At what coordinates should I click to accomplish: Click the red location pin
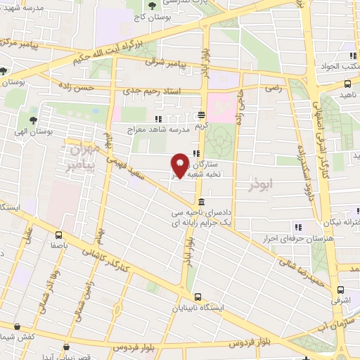[180, 165]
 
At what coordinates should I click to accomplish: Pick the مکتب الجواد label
[339, 67]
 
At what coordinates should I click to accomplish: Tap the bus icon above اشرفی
[340, 289]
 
